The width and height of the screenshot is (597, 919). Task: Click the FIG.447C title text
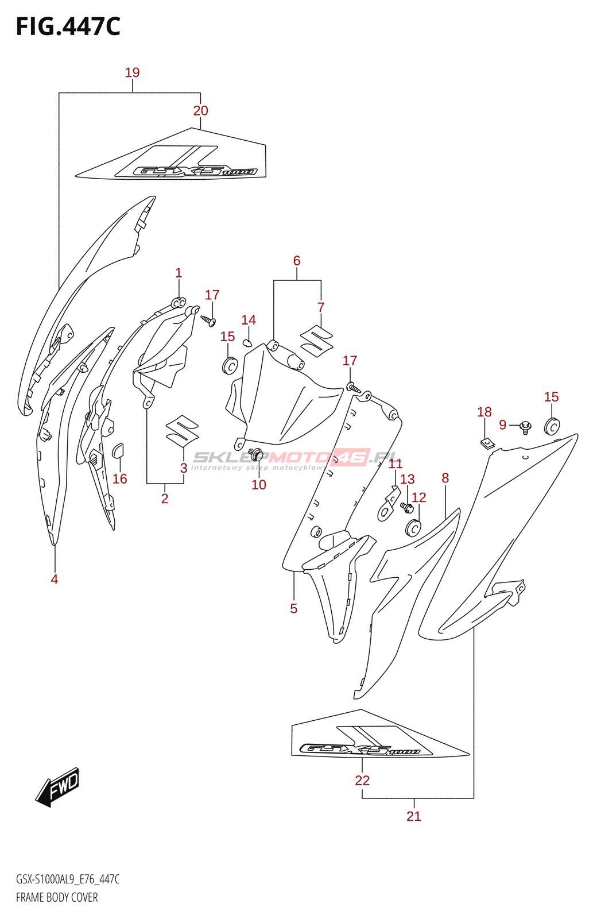(x=68, y=27)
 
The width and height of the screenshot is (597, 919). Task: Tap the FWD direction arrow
(x=58, y=786)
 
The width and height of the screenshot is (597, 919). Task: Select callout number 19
(x=132, y=73)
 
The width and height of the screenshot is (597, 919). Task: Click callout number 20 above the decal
(x=200, y=111)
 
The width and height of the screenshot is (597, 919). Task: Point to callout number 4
(x=55, y=579)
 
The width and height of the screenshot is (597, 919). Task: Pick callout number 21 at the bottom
(x=413, y=816)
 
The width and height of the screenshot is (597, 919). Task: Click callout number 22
(x=362, y=781)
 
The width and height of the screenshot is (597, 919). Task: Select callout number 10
(x=259, y=485)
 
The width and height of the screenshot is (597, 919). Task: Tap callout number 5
(x=294, y=608)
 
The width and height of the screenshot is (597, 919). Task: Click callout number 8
(x=445, y=478)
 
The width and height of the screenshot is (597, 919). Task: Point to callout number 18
(x=484, y=412)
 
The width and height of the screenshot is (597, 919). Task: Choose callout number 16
(x=120, y=478)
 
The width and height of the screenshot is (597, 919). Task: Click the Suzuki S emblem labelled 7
(x=317, y=340)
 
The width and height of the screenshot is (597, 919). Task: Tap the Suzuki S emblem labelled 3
(x=182, y=430)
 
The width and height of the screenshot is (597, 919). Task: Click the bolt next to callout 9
(x=525, y=427)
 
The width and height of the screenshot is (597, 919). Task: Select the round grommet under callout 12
(x=413, y=527)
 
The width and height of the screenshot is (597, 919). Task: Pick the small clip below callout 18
(x=487, y=443)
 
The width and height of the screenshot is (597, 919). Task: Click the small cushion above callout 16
(x=118, y=450)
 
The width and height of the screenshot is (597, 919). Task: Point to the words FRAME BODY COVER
(x=57, y=897)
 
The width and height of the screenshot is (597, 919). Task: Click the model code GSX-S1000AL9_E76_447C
(x=68, y=879)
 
